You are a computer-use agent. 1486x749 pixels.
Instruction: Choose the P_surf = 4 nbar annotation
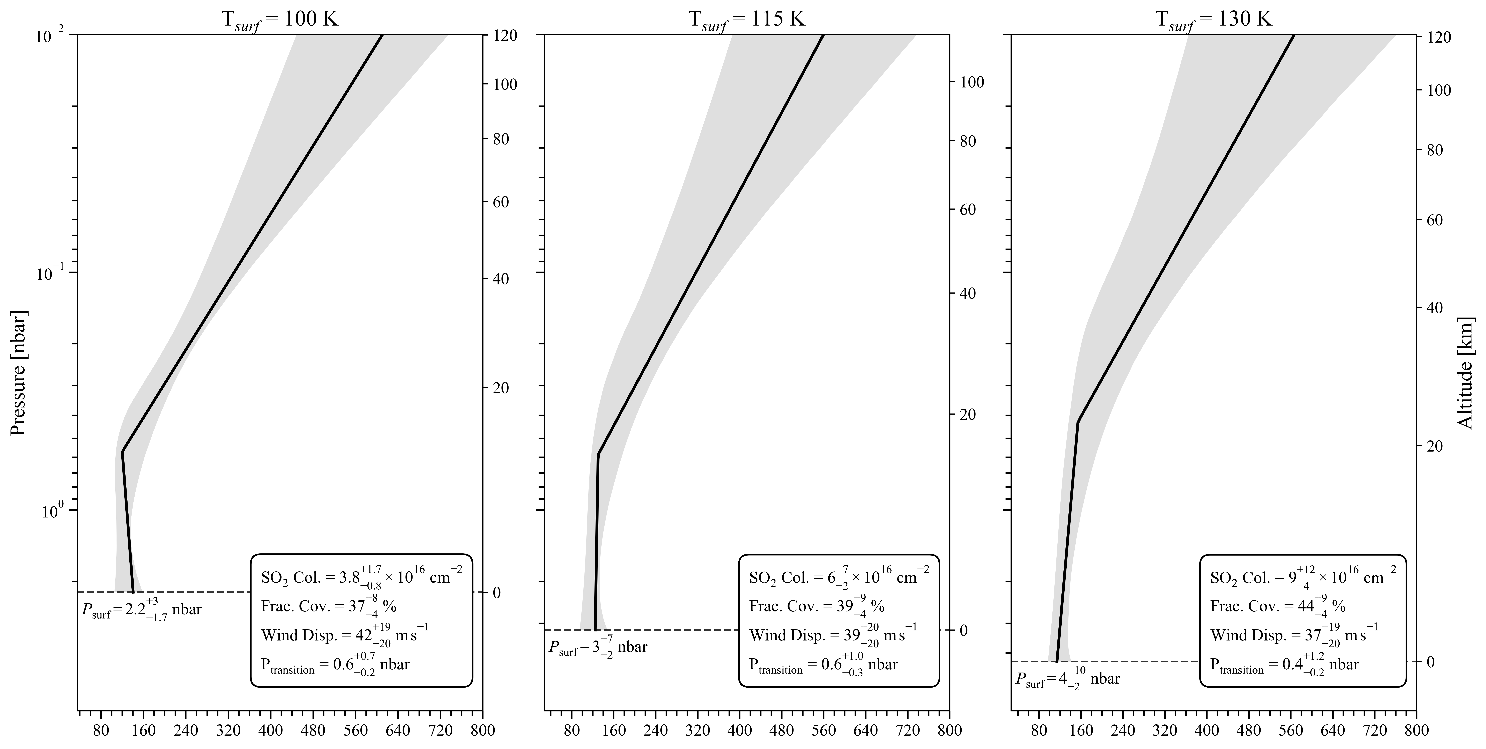(1067, 679)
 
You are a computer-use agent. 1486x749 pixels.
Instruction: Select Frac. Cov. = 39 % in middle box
(816, 606)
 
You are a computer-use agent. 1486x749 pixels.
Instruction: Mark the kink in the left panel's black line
(122, 452)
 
